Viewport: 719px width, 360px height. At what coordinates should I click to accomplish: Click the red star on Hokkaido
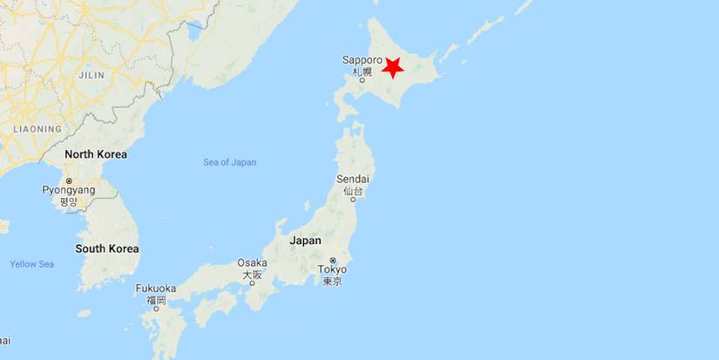click(393, 68)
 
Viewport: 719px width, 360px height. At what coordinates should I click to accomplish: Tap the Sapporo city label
click(362, 60)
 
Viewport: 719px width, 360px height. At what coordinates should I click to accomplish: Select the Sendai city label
click(352, 179)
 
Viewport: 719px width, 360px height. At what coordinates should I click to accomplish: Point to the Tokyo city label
click(332, 268)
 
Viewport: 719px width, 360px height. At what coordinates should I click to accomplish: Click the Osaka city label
click(252, 263)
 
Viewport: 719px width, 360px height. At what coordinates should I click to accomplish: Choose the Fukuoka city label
click(156, 289)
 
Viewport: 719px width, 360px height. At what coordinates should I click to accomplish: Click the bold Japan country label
click(305, 241)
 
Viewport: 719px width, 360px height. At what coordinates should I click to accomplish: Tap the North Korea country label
click(96, 154)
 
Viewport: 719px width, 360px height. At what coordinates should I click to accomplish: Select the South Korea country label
click(106, 248)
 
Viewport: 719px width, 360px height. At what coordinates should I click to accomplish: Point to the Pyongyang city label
click(69, 190)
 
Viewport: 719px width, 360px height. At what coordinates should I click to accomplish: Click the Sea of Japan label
click(230, 162)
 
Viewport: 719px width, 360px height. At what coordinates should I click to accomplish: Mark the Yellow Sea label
click(32, 264)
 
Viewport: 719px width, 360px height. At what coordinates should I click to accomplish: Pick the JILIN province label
click(91, 75)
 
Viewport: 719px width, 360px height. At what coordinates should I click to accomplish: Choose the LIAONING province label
click(37, 129)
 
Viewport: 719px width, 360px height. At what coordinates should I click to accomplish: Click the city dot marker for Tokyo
click(332, 260)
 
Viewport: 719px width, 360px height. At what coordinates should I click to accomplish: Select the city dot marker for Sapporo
click(374, 79)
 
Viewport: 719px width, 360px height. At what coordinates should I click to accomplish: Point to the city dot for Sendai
click(353, 199)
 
